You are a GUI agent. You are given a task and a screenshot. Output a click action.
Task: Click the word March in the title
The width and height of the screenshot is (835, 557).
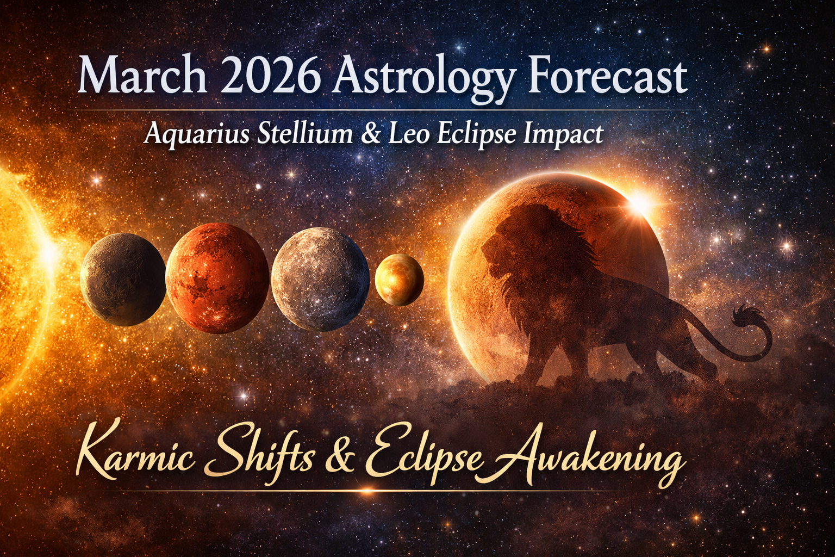pyautogui.click(x=142, y=77)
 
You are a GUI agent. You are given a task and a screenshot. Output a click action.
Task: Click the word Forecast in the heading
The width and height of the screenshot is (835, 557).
pyautogui.click(x=607, y=77)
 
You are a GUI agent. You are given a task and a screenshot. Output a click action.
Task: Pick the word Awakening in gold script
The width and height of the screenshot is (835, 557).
pyautogui.click(x=587, y=457)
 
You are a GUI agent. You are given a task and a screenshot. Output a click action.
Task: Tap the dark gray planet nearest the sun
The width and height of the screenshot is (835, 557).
pyautogui.click(x=123, y=280)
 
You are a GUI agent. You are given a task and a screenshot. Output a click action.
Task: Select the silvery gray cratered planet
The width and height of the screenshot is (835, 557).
pyautogui.click(x=320, y=279)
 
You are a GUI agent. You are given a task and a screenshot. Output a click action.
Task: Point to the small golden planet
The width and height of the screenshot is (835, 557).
pyautogui.click(x=399, y=279)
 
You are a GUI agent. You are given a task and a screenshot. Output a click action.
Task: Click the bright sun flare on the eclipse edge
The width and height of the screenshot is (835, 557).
pyautogui.click(x=641, y=204)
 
